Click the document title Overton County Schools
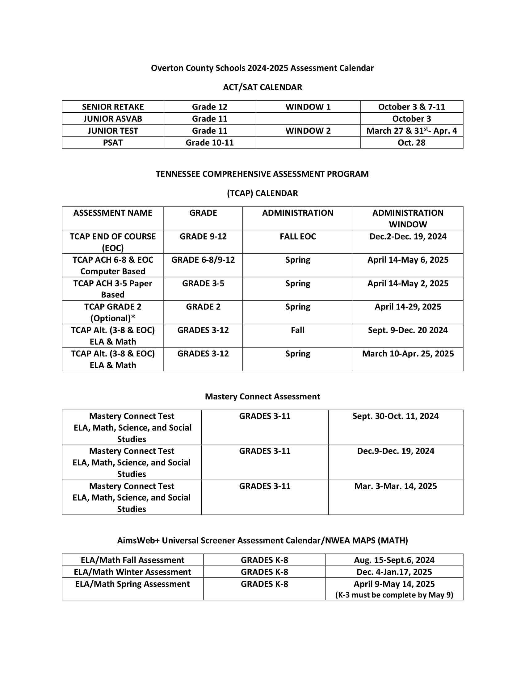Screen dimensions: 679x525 click(262, 68)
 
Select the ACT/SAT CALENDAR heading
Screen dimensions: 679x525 click(262, 87)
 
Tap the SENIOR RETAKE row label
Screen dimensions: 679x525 click(113, 107)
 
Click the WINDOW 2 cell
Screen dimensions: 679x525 click(308, 131)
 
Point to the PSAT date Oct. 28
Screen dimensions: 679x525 click(411, 143)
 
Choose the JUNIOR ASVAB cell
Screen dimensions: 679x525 click(113, 119)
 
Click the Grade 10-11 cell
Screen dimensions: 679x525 click(209, 143)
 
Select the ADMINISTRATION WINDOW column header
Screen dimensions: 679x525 click(408, 218)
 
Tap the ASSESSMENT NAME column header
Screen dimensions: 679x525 click(113, 213)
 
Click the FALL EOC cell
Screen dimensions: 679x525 click(298, 237)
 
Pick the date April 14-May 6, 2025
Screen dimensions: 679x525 click(408, 260)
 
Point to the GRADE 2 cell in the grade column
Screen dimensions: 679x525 click(203, 307)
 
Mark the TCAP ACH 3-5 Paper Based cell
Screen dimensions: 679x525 click(113, 289)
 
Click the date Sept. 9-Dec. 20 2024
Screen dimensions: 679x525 click(408, 330)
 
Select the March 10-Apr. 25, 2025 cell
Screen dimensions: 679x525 click(408, 354)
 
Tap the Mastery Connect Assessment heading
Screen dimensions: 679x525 click(262, 397)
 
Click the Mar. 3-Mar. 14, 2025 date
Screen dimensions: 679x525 click(395, 486)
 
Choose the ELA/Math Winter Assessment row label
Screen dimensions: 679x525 click(132, 572)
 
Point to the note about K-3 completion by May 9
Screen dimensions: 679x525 click(394, 595)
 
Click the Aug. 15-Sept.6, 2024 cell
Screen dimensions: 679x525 click(394, 560)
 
